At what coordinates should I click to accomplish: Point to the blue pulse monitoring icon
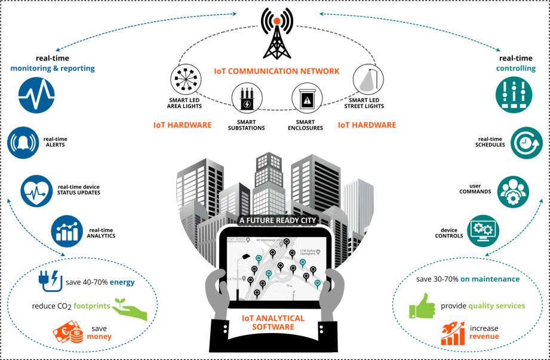36,94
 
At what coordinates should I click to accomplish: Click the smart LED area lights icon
184,79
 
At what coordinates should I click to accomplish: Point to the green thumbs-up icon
423,306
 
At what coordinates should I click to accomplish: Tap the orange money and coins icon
69,331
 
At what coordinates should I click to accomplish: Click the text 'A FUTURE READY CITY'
275,220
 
